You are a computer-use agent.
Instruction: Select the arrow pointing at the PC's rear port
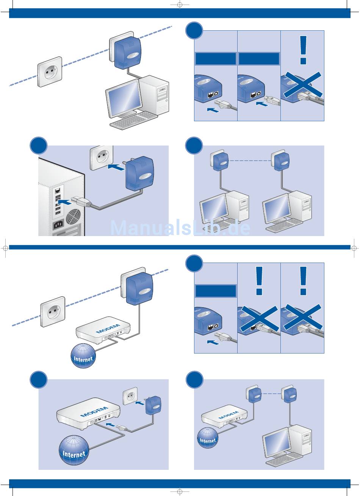[64, 202]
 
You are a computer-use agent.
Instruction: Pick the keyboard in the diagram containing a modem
[284, 459]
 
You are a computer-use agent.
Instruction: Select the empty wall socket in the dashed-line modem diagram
[53, 312]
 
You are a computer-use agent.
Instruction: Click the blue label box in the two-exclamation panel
[216, 291]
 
